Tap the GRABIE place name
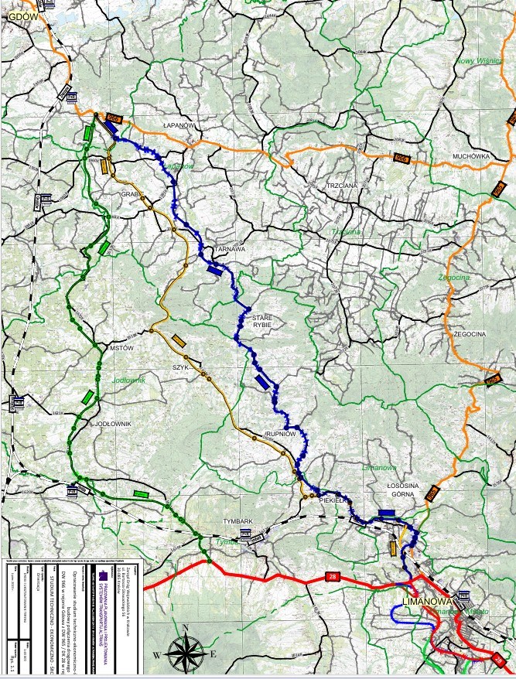[132, 195]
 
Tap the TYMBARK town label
[237, 521]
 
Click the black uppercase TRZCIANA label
[342, 186]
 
